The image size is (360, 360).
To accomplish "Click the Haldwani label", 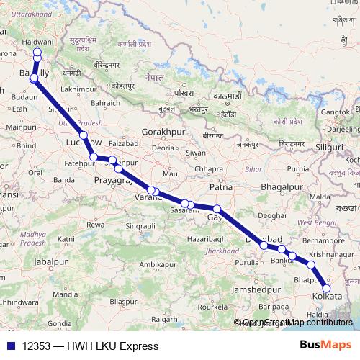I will (38, 43).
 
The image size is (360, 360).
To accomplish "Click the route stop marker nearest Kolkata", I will (326, 289).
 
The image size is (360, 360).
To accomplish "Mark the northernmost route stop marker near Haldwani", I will (37, 52).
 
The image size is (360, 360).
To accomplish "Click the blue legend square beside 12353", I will (9, 346).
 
